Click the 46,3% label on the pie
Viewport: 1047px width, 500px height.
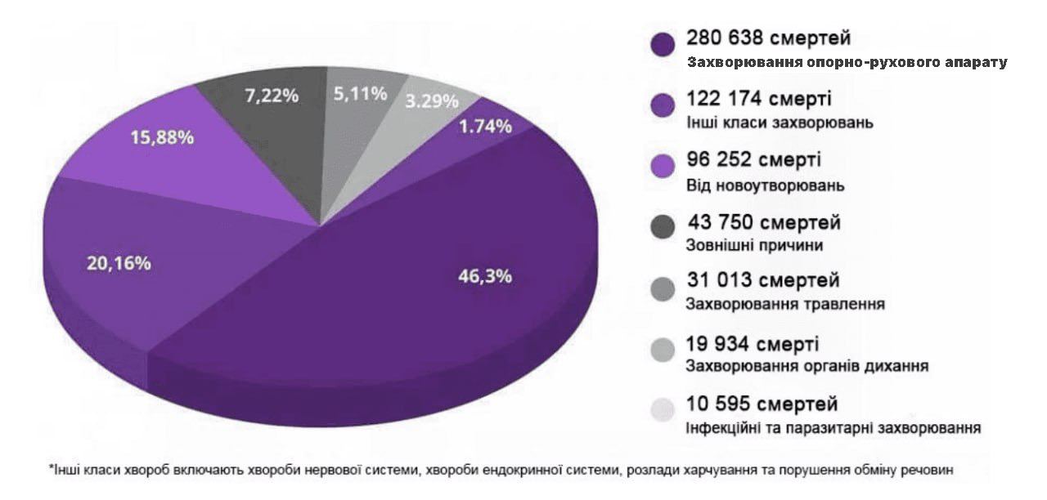click(x=484, y=276)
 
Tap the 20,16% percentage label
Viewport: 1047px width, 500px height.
click(x=119, y=263)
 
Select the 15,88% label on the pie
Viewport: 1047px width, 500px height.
click(x=162, y=137)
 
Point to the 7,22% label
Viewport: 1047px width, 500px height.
click(x=272, y=95)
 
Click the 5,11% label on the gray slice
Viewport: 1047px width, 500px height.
click(x=360, y=94)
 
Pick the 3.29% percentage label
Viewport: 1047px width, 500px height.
click(x=431, y=102)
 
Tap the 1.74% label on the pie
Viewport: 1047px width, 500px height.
click(x=485, y=126)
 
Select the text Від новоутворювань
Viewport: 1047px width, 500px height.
click(x=765, y=186)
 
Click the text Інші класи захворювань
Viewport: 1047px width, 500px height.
click(x=780, y=124)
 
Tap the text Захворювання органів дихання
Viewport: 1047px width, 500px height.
click(x=807, y=366)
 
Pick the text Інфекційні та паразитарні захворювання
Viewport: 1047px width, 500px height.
click(x=834, y=427)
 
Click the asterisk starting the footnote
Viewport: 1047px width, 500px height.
click(x=51, y=468)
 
